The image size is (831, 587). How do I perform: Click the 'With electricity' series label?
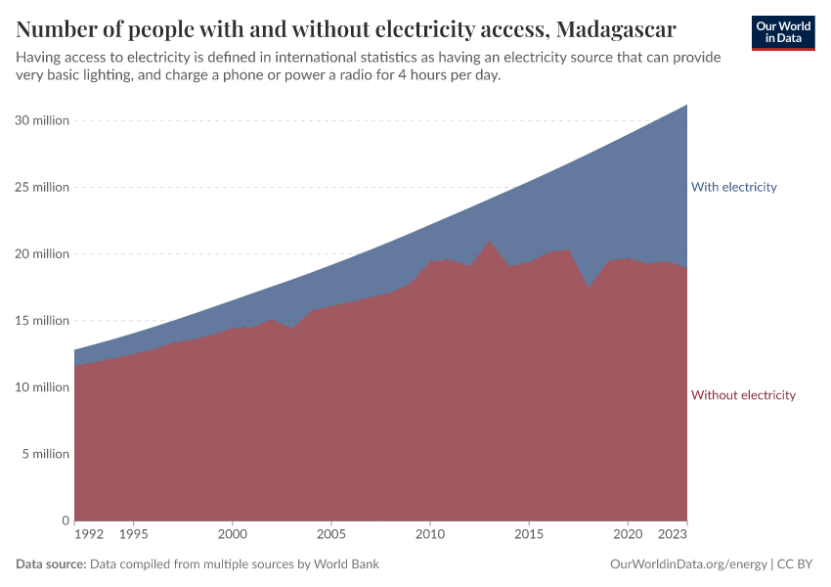[x=733, y=187]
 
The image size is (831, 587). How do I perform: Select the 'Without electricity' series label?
[x=743, y=395]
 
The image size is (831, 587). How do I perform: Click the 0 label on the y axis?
[x=65, y=520]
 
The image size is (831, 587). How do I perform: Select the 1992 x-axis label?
[x=89, y=535]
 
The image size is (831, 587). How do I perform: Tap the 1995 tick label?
[x=134, y=535]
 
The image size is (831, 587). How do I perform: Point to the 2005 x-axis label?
[x=331, y=535]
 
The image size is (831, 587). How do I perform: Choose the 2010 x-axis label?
[x=430, y=535]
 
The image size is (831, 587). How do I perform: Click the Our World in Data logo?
[x=782, y=32]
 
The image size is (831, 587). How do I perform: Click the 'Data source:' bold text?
[x=51, y=564]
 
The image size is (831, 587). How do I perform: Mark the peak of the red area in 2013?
[x=490, y=241]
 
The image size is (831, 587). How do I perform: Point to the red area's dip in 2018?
[x=588, y=288]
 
